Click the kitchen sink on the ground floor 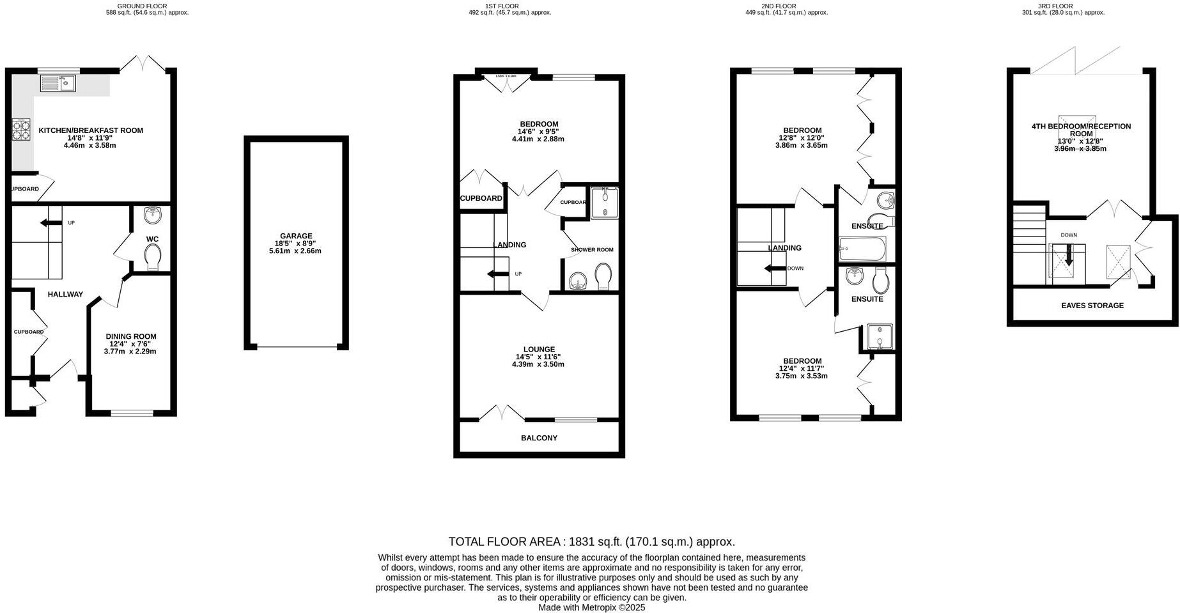58,83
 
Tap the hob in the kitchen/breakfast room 20,130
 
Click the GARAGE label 295,236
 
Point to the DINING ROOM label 130,336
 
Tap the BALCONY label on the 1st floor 539,438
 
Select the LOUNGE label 539,350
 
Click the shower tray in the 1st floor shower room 605,203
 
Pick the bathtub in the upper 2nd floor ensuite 862,249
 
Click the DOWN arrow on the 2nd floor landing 775,268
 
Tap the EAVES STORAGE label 1092,306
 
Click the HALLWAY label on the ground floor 65,294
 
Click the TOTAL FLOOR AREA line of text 591,541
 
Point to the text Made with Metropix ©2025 591,607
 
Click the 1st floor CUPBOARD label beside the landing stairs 481,198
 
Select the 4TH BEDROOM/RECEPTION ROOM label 1081,130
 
